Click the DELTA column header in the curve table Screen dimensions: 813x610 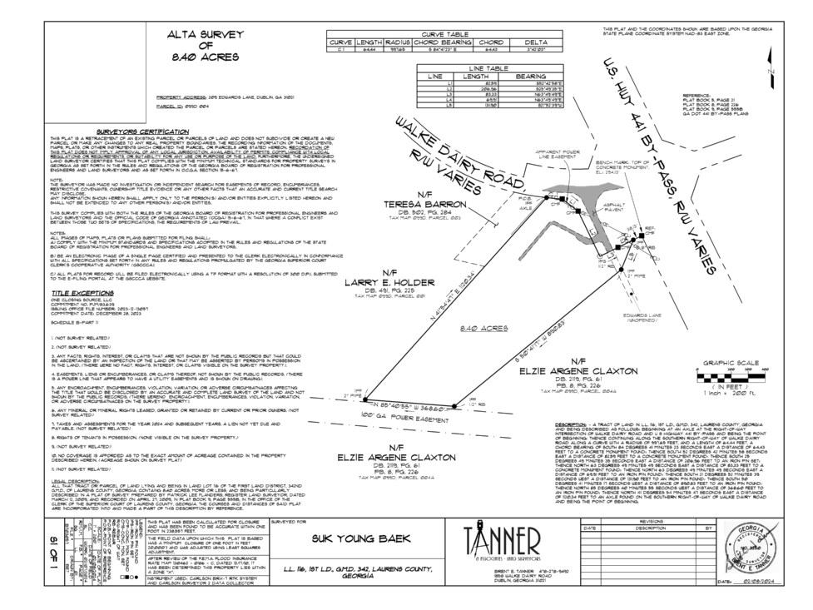click(535, 42)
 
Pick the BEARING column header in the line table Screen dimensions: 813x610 click(530, 75)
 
